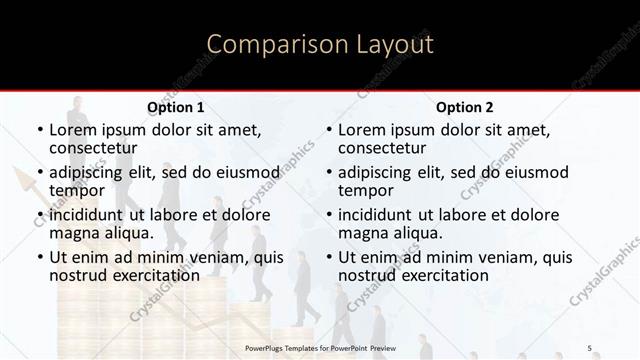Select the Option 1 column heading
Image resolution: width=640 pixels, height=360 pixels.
click(x=176, y=107)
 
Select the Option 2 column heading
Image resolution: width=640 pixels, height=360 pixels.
click(x=465, y=107)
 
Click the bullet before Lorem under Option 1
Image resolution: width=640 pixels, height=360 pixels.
click(x=39, y=130)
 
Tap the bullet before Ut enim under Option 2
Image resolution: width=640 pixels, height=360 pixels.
click(x=328, y=258)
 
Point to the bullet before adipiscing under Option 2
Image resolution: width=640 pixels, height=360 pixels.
click(x=328, y=172)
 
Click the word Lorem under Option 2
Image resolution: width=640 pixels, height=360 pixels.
click(x=361, y=130)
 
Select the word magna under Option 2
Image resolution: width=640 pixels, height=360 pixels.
click(x=361, y=232)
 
